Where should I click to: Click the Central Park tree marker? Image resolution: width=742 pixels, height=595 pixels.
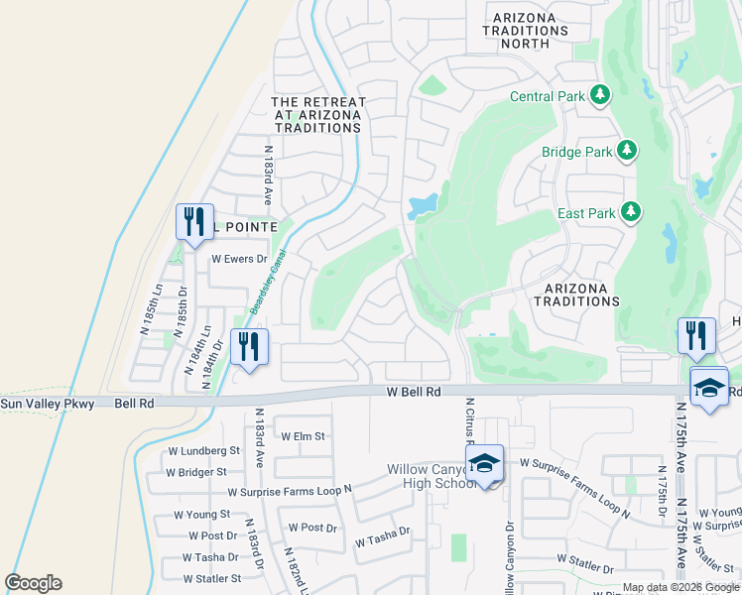(599, 95)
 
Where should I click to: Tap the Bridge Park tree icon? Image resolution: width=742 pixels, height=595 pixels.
(626, 151)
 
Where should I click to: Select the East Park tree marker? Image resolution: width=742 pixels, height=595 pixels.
(630, 211)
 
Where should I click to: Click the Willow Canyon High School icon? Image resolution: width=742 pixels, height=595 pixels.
(484, 464)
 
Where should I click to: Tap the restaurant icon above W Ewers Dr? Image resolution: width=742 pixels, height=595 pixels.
(193, 221)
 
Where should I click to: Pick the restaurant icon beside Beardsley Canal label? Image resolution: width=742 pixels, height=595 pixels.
(248, 347)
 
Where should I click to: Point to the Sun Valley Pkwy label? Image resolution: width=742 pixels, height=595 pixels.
(47, 404)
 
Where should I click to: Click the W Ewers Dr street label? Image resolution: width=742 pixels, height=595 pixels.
(240, 259)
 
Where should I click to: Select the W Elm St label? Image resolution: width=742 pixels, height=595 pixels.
(303, 436)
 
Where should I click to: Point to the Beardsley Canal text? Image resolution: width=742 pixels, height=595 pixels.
(261, 295)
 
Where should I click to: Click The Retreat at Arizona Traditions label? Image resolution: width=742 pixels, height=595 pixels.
(318, 115)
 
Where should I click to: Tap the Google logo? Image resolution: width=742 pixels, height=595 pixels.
(33, 582)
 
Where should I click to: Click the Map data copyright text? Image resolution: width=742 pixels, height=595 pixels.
(680, 588)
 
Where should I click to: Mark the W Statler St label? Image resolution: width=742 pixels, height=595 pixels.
(212, 578)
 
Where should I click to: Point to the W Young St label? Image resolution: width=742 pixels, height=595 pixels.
(202, 515)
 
